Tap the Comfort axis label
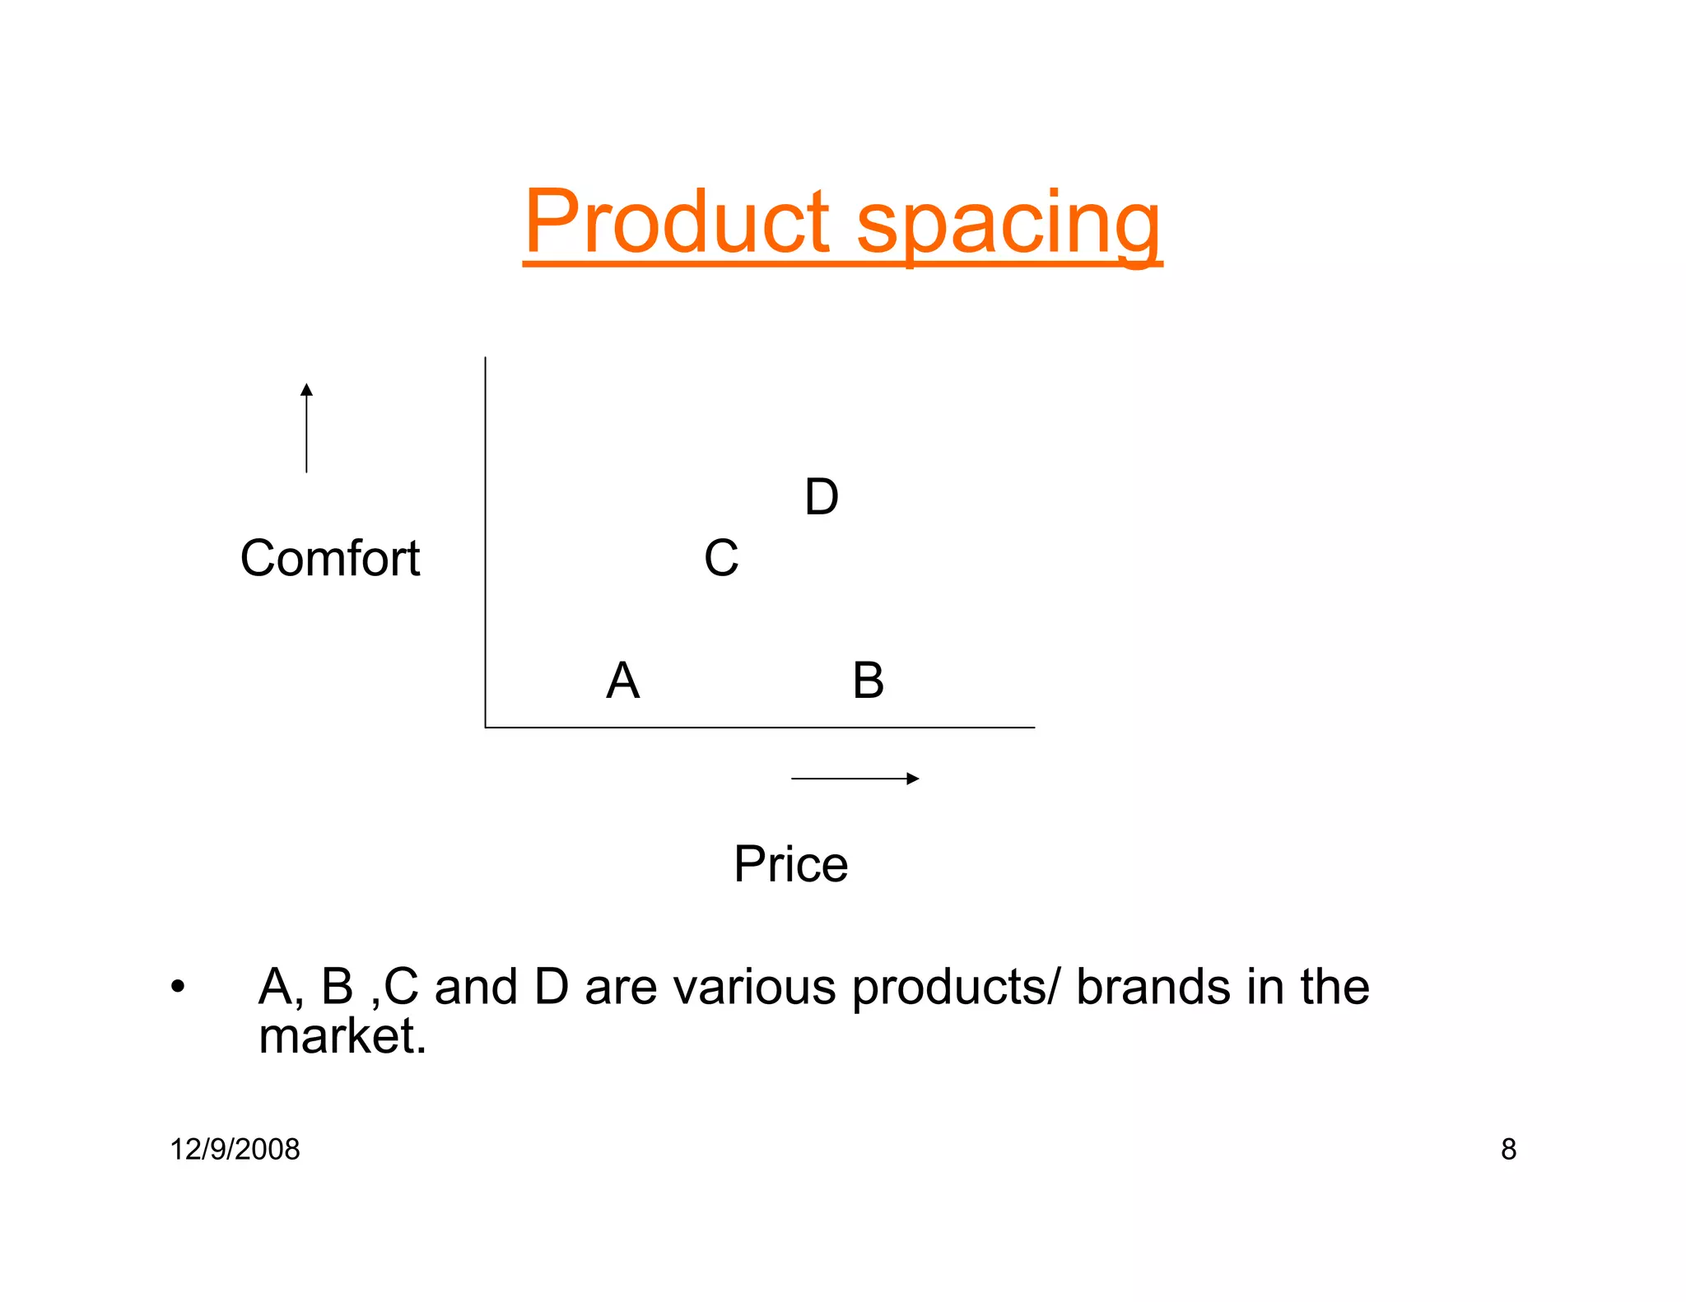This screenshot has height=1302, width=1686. (330, 558)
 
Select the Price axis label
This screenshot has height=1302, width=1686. (790, 864)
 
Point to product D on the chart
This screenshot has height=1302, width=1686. (822, 497)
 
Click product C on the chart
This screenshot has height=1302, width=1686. (721, 558)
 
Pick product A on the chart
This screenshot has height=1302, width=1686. (623, 681)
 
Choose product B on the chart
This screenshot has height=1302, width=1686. (869, 681)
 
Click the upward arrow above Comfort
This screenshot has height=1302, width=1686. (306, 427)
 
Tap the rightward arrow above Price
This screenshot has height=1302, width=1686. (855, 779)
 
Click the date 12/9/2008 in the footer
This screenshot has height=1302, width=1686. (235, 1149)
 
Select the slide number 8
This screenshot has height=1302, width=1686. (1508, 1149)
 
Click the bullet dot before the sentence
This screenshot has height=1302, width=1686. (178, 987)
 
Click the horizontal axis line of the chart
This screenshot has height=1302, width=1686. (757, 728)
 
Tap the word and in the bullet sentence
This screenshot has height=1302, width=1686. (475, 987)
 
